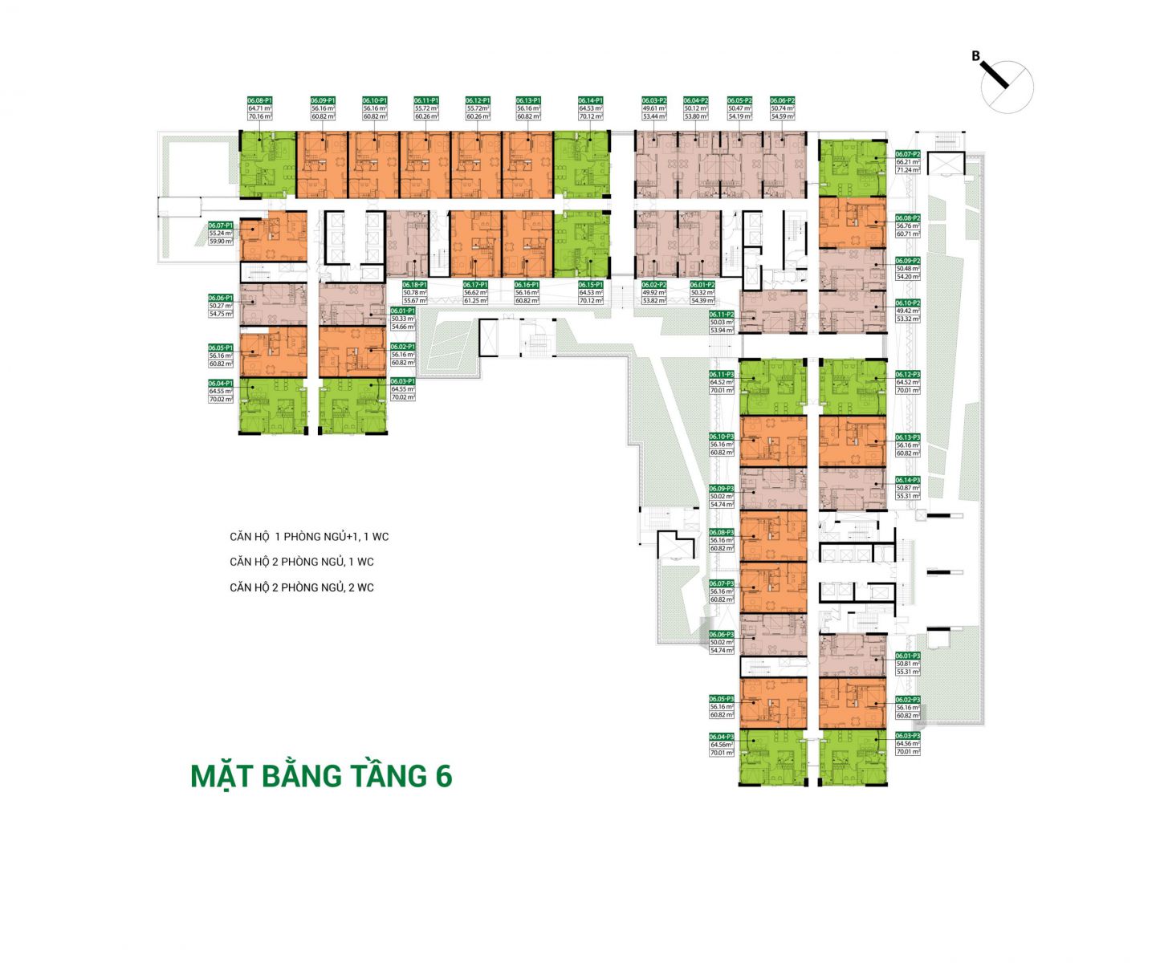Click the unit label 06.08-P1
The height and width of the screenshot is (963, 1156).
(x=260, y=100)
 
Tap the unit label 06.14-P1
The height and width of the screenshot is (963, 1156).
(x=590, y=100)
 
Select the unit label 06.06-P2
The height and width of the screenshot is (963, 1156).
(x=782, y=100)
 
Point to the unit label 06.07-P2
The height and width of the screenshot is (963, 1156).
(x=908, y=153)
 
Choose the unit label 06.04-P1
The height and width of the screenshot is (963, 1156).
(x=220, y=384)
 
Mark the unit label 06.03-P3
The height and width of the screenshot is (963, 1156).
(x=908, y=736)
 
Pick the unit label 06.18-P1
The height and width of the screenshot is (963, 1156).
(x=414, y=285)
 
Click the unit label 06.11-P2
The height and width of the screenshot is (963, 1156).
(x=721, y=315)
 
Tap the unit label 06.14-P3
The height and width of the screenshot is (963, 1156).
(x=908, y=480)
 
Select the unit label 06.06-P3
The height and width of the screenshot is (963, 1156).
(x=721, y=635)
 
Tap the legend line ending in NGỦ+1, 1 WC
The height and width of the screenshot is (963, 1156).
(x=309, y=536)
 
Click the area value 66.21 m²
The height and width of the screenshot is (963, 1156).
(x=908, y=161)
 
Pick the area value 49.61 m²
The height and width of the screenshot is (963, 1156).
(x=654, y=108)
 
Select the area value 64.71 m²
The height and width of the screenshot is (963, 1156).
(x=260, y=108)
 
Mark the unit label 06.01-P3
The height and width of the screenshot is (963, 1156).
(x=908, y=656)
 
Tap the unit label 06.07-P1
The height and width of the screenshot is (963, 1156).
(x=220, y=226)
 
